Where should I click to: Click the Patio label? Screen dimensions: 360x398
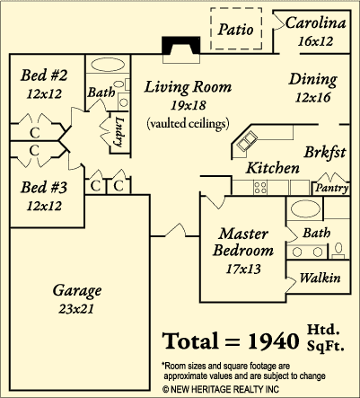[x=235, y=30]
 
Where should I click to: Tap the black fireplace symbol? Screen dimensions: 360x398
[x=181, y=46]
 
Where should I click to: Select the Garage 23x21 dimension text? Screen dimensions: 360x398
[x=76, y=309]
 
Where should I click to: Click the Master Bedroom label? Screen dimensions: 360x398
[x=243, y=242]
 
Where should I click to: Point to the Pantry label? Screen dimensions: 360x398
[x=331, y=188]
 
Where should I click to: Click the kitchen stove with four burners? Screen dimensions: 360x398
[x=260, y=188]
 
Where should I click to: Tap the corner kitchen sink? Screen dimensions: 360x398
[x=247, y=142]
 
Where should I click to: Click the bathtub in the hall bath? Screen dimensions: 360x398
[x=108, y=65]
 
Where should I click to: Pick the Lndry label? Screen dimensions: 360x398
[x=119, y=132]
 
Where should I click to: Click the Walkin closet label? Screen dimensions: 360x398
[x=320, y=278]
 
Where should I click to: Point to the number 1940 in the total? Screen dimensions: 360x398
[x=274, y=341]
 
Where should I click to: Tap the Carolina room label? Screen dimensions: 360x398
[x=315, y=23]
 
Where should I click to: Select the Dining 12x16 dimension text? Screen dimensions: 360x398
[x=312, y=97]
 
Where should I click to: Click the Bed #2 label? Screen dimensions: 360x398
[x=44, y=75]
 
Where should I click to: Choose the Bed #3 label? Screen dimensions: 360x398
[x=44, y=187]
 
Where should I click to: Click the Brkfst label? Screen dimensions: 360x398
[x=325, y=152]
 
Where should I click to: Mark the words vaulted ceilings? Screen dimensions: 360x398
[x=188, y=123]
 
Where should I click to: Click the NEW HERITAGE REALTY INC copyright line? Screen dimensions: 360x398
[x=221, y=389]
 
